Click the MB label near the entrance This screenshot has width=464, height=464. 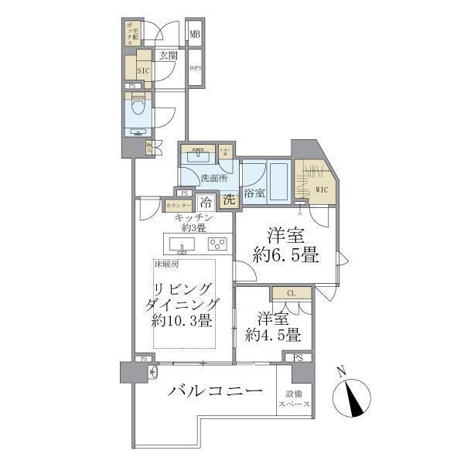pyautogui.click(x=196, y=34)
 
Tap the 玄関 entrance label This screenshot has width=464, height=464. pyautogui.click(x=169, y=56)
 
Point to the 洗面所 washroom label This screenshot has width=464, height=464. pyautogui.click(x=213, y=179)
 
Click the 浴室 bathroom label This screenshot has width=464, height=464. pyautogui.click(x=254, y=193)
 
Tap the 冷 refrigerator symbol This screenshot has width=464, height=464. pyautogui.click(x=206, y=203)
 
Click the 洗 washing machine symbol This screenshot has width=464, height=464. pyautogui.click(x=230, y=200)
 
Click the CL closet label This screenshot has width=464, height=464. pyautogui.click(x=291, y=293)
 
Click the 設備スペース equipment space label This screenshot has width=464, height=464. pyautogui.click(x=294, y=400)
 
